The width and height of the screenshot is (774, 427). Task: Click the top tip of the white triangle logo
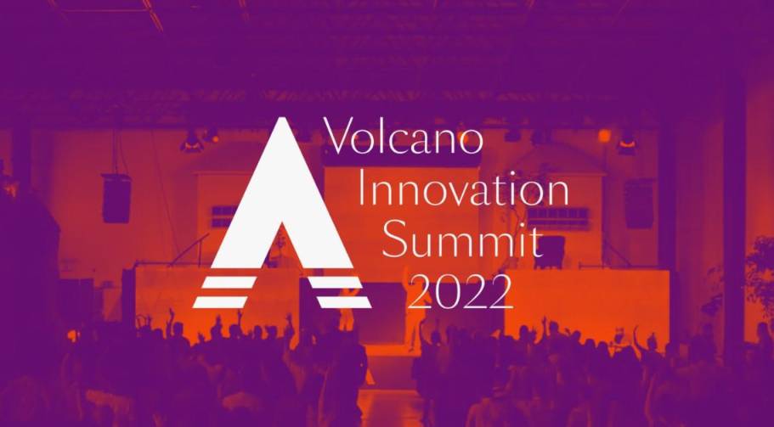click(281, 117)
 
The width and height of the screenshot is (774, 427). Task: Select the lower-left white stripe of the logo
click(220, 301)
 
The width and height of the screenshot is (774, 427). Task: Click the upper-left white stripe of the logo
click(229, 282)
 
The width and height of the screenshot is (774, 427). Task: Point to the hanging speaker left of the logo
click(117, 198)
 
